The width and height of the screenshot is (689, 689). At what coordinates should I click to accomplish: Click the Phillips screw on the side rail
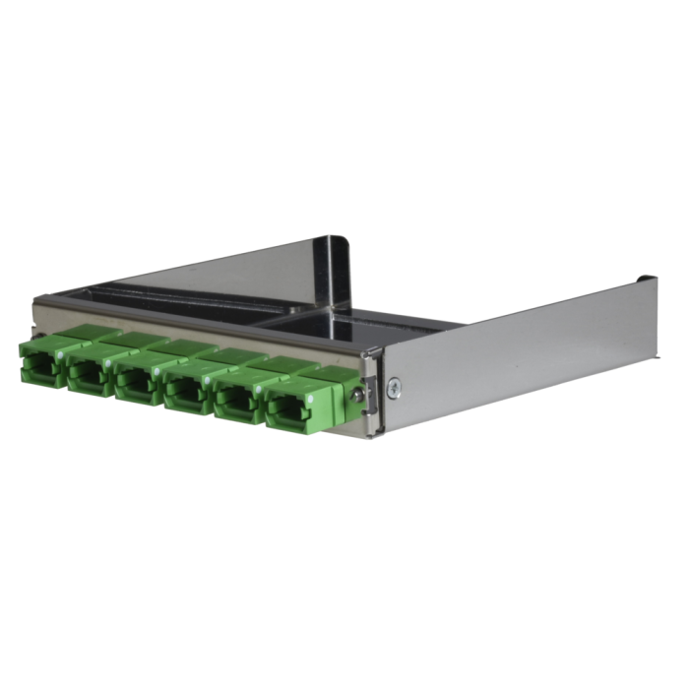tap(395, 387)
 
